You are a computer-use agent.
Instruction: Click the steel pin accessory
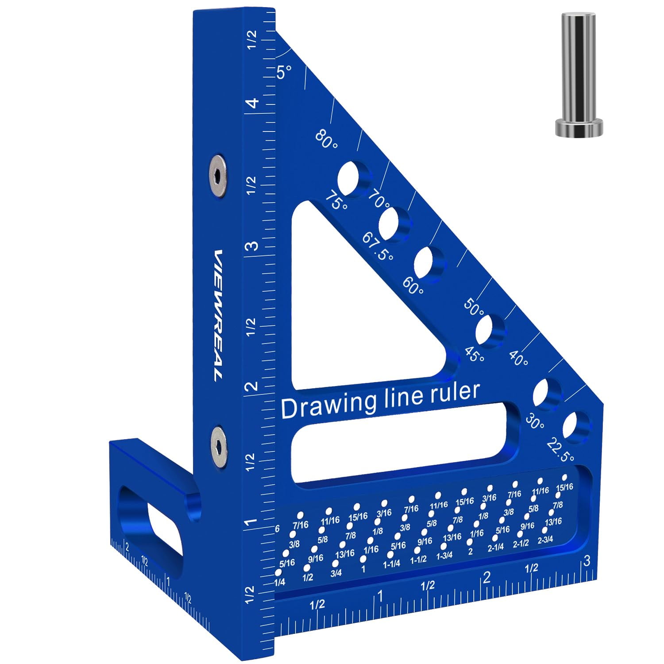coord(579,75)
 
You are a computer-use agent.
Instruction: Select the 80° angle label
coord(327,139)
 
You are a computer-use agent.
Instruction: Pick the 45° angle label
coord(474,354)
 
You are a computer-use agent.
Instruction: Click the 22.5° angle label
coord(560,450)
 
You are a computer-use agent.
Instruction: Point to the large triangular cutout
coord(354,305)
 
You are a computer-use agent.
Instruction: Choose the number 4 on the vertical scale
coord(252,104)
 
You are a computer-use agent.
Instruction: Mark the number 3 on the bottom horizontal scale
coord(587,561)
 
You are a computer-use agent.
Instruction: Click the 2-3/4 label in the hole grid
coord(545,540)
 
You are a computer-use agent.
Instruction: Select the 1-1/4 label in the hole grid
coord(391,564)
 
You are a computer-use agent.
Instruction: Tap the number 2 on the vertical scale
coord(252,386)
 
